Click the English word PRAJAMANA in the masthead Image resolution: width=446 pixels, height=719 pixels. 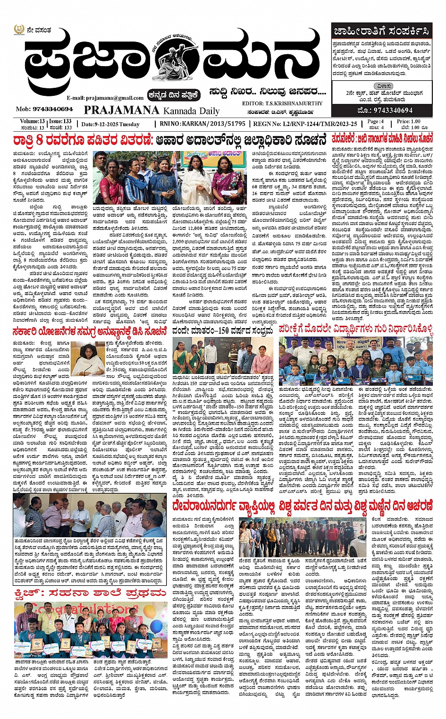pyautogui.click(x=121, y=110)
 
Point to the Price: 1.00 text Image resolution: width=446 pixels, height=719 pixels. pyautogui.click(x=409, y=121)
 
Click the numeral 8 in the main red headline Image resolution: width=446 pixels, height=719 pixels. pyautogui.click(x=39, y=140)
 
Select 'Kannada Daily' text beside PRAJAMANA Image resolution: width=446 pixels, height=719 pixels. pyautogui.click(x=191, y=111)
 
